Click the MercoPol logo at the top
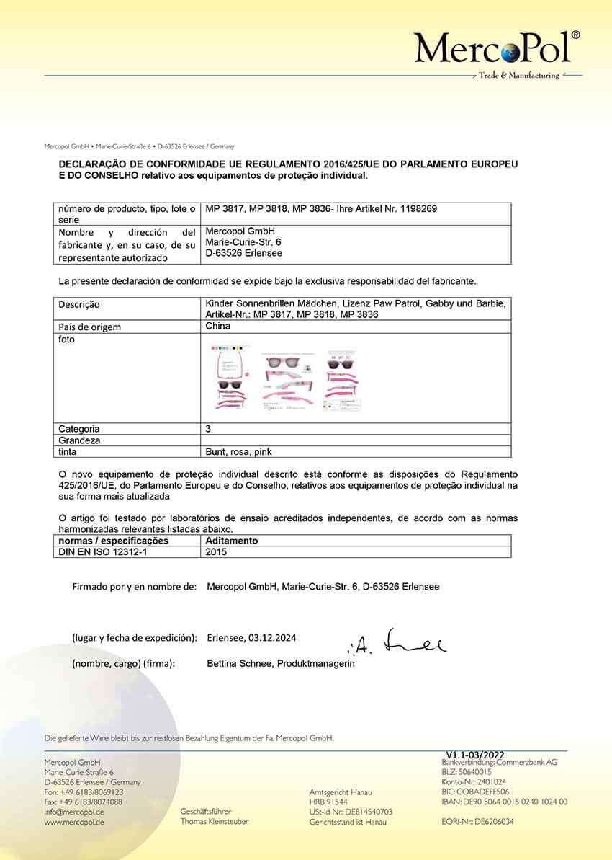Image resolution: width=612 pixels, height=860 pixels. pos(497,49)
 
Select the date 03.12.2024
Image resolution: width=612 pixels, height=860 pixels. pos(272,638)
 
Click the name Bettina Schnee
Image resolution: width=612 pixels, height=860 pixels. pos(238,663)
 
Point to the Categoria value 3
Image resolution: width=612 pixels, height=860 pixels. pos(208,428)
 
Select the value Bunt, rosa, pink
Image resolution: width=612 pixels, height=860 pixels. pos(238,452)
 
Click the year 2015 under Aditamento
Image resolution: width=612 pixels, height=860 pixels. pos(216,552)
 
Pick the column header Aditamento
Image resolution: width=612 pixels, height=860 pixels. pos(232,541)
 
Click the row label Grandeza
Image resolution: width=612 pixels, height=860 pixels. pos(79,440)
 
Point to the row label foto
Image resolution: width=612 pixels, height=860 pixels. pos(66,339)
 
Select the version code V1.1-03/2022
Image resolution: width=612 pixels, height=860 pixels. pos(480,754)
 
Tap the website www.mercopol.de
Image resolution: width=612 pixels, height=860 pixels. pos(74,822)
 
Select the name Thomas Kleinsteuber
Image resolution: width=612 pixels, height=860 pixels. pos(215,822)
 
